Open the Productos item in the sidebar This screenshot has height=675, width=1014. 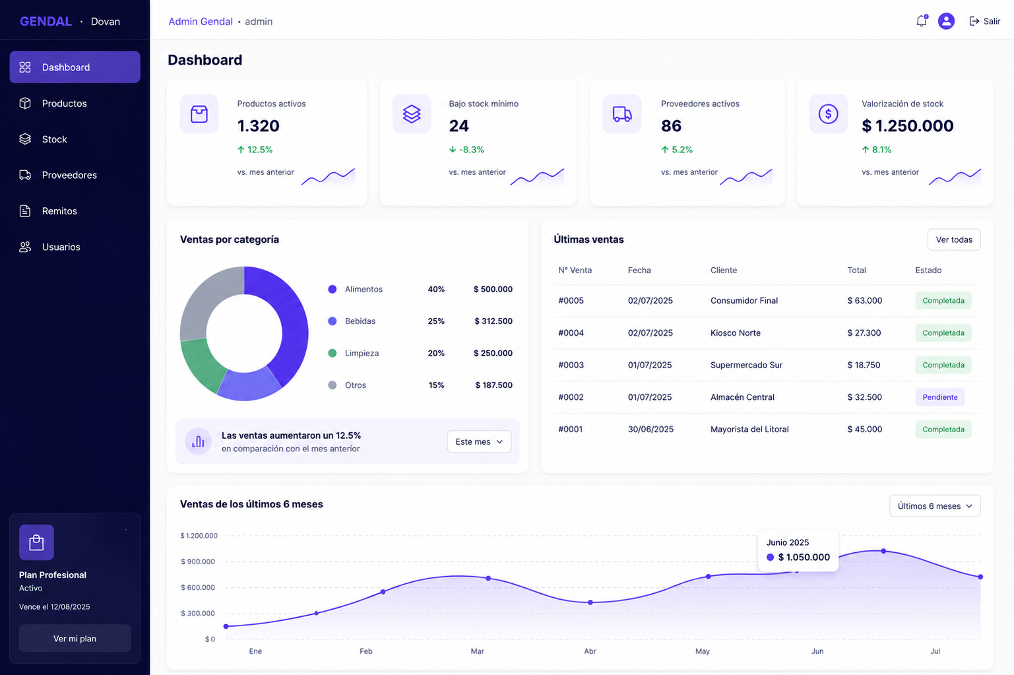click(64, 103)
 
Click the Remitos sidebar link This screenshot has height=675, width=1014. click(59, 211)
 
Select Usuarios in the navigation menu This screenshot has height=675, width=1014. click(61, 247)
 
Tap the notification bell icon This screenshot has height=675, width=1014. click(922, 21)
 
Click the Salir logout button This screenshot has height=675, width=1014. click(984, 21)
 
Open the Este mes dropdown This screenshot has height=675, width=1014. click(479, 441)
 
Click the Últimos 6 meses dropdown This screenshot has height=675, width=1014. click(935, 505)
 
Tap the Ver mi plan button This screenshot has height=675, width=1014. click(75, 638)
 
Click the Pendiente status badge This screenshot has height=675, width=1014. click(939, 397)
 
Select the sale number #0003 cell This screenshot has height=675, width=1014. click(571, 365)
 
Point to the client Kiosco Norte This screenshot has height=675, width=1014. click(735, 333)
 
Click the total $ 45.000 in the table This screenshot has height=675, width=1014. click(865, 429)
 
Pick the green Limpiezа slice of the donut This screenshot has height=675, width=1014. click(201, 364)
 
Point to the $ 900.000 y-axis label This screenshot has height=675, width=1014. click(198, 562)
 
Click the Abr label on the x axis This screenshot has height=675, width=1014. click(590, 651)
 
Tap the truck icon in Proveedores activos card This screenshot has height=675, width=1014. click(622, 113)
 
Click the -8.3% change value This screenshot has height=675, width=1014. click(466, 149)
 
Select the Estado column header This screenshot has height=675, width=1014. click(928, 271)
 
